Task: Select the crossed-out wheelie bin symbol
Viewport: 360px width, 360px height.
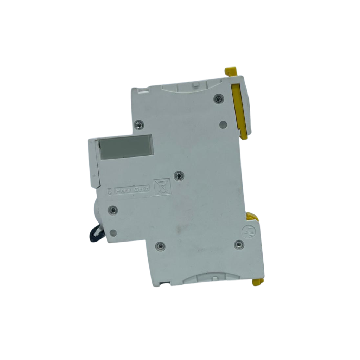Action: (x=161, y=186)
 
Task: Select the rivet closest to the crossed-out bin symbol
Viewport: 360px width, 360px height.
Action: (x=179, y=175)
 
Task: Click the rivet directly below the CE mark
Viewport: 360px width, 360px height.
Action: (x=113, y=210)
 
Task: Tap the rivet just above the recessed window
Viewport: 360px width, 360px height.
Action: (x=139, y=124)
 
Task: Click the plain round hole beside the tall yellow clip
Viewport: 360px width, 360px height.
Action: (x=222, y=124)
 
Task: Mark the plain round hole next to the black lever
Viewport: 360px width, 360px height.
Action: (x=113, y=232)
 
